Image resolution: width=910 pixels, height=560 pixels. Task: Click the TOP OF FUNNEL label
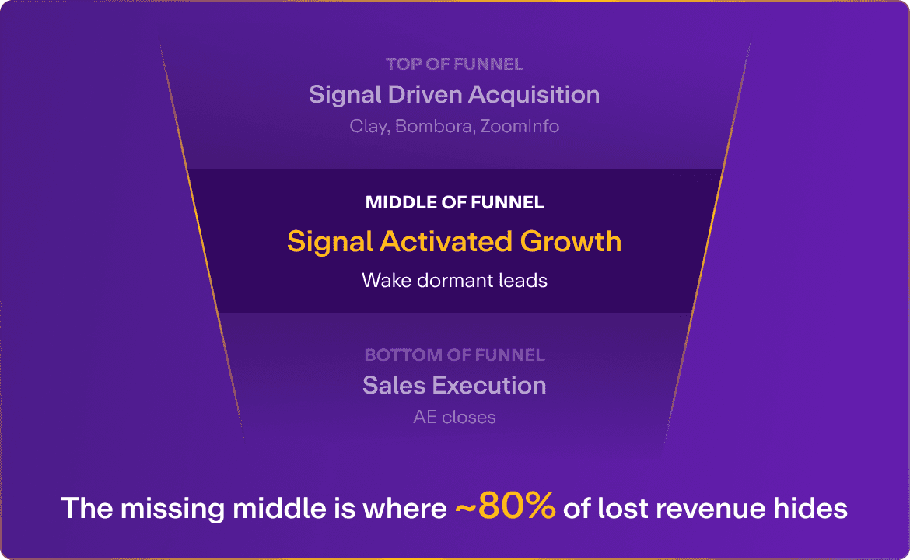coord(454,65)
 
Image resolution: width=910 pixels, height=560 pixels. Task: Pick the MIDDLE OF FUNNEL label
coord(454,204)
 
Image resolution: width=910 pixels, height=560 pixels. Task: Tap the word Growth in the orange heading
coord(571,241)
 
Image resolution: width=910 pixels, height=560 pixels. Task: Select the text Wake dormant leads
coord(454,280)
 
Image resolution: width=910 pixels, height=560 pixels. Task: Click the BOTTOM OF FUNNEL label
coord(454,355)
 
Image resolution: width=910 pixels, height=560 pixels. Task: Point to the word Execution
coord(489,385)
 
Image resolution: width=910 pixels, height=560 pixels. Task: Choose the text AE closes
coord(454,418)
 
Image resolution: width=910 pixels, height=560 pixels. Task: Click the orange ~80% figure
coord(506,507)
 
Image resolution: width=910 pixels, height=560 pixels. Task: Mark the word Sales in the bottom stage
coord(394,385)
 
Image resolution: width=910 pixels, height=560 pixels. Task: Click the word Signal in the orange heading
coord(330,242)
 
